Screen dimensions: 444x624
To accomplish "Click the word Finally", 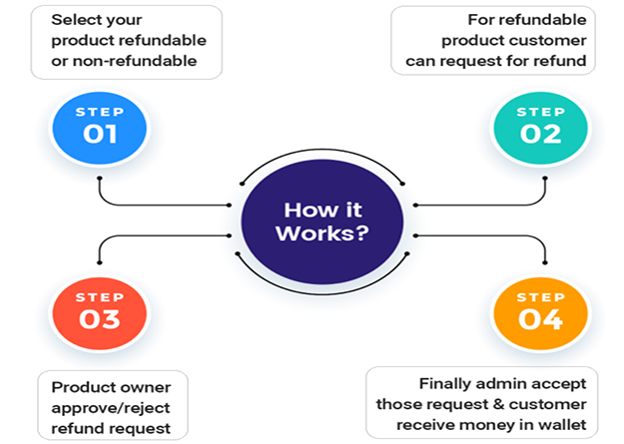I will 443,384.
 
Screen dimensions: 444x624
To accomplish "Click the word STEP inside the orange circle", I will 540,296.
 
